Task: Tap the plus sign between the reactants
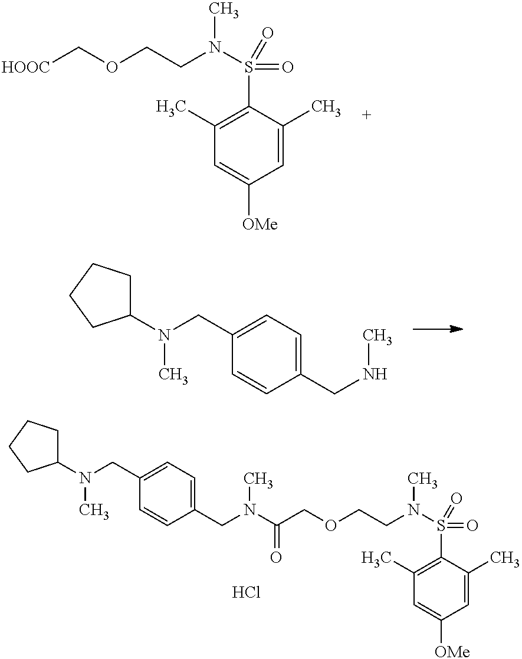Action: tap(367, 114)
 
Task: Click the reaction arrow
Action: tap(436, 329)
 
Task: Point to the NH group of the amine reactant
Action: tap(375, 373)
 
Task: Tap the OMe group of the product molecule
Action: tap(452, 651)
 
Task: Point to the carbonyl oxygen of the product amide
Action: tap(275, 556)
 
